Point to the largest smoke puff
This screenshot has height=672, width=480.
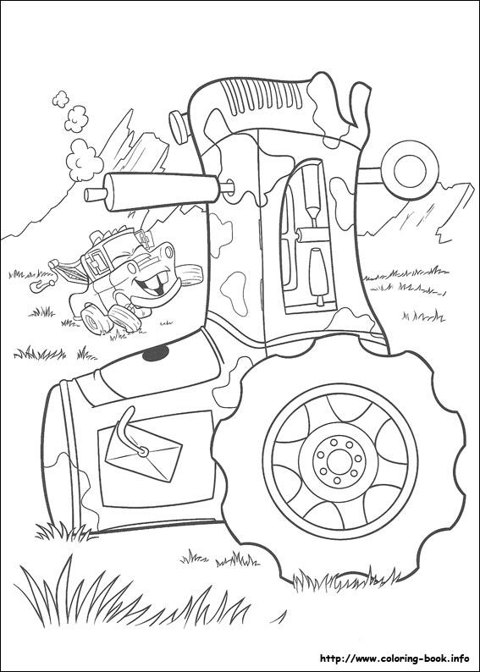[x=84, y=159]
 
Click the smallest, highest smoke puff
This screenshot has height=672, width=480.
[x=60, y=98]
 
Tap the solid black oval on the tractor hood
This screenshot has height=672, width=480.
[x=156, y=352]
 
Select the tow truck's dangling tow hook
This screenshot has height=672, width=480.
[x=42, y=284]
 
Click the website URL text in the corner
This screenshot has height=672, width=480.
[x=394, y=658]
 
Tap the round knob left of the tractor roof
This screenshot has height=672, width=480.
[x=179, y=126]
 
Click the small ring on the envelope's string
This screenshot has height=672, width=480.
[x=143, y=451]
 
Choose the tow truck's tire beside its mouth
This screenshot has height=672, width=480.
[x=189, y=275]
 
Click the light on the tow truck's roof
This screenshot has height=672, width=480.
[x=146, y=240]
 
